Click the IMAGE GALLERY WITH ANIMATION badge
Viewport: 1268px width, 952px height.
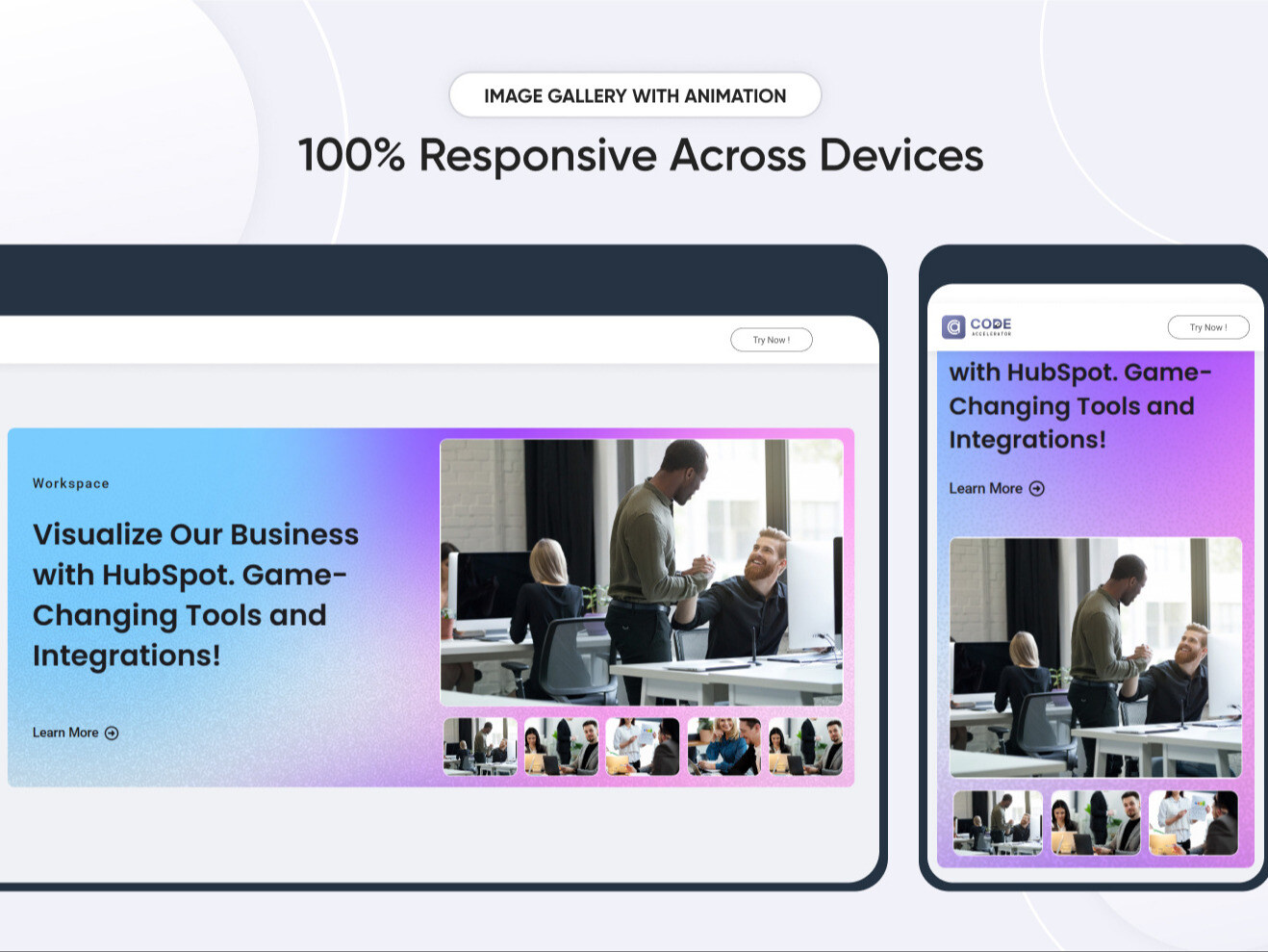tap(635, 95)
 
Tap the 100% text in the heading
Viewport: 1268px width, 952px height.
tap(351, 156)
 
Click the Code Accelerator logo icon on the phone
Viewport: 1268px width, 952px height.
tap(953, 327)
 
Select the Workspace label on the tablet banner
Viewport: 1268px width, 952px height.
tap(71, 483)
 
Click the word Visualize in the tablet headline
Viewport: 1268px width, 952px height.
tap(96, 534)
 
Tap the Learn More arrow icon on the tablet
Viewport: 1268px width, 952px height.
tap(112, 733)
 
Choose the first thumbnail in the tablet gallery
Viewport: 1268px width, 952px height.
tap(480, 746)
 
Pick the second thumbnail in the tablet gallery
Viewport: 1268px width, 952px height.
tap(561, 746)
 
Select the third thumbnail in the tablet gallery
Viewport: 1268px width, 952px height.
tap(643, 746)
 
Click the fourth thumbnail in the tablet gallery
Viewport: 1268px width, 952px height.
tap(723, 746)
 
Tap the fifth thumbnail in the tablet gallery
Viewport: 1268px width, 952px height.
tap(805, 746)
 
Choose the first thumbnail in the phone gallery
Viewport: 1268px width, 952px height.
tap(998, 823)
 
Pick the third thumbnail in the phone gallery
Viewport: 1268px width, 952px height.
tap(1193, 823)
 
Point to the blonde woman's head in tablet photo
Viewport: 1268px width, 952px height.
tap(548, 561)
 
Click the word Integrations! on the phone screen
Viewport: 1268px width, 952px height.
tap(1027, 440)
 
